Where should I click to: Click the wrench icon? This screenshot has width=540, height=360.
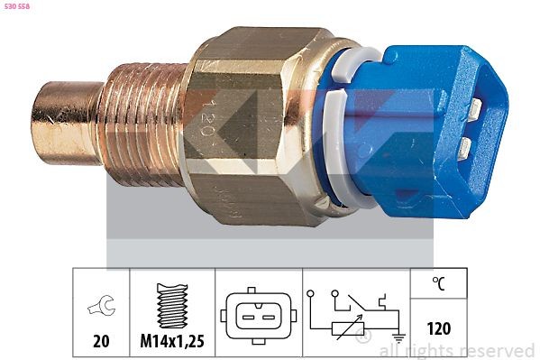[x=101, y=308]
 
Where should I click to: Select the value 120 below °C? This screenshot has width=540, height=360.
[x=439, y=328]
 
